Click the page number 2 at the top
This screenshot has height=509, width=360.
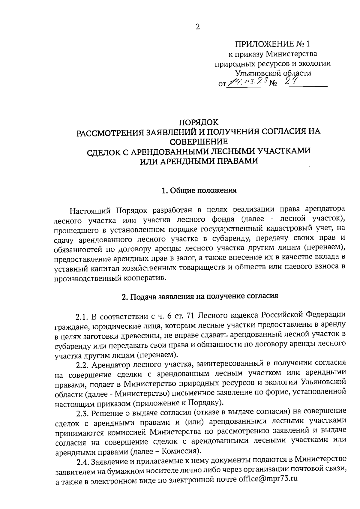point(197,27)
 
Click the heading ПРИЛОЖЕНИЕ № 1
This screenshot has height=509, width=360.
point(272,44)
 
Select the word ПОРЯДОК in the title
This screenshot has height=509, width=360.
point(199,122)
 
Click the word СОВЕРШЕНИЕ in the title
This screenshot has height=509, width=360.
point(199,142)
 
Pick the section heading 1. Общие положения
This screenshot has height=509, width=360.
point(199,190)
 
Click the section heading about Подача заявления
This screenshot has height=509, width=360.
point(200,296)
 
